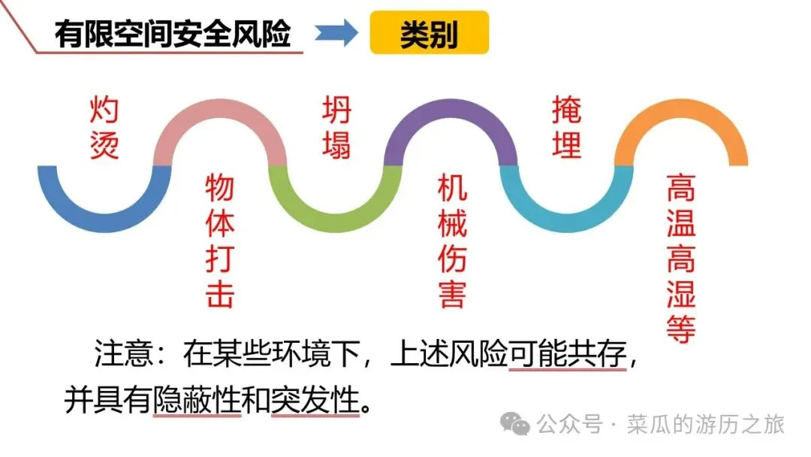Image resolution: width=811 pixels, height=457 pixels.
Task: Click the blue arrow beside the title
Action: coord(335,33)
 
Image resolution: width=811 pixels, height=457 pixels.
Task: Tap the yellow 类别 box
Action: coord(429,34)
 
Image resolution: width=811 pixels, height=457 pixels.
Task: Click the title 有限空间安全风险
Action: coord(173,34)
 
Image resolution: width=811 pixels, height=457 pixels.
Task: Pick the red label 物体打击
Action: coord(219,241)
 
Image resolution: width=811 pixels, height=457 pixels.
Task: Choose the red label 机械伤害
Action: coord(451,241)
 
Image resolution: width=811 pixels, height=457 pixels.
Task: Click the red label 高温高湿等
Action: coord(681,259)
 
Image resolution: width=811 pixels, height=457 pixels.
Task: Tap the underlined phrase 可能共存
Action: coord(567,354)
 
